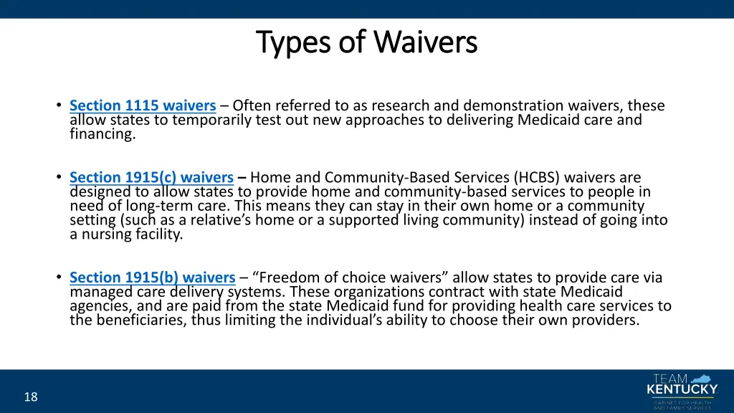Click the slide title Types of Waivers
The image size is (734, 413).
point(366,42)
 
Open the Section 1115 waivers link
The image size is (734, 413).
point(143,106)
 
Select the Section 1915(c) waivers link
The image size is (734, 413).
point(151,177)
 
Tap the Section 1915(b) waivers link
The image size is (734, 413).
point(152,277)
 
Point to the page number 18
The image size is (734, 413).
point(30,397)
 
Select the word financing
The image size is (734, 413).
point(103,133)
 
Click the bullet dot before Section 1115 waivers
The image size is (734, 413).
point(57,106)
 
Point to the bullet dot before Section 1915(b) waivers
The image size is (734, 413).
point(57,277)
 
